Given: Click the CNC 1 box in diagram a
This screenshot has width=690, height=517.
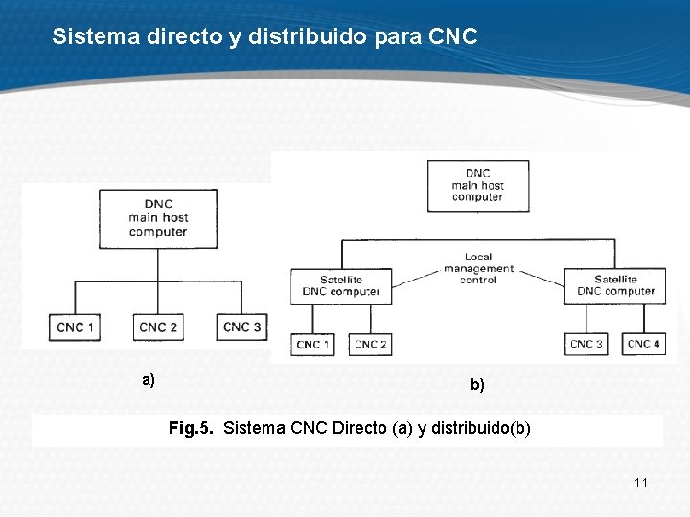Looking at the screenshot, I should (x=76, y=327).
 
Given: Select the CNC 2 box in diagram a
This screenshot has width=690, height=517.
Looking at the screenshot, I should (x=158, y=327).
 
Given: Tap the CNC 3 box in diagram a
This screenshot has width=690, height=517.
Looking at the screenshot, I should (x=241, y=327).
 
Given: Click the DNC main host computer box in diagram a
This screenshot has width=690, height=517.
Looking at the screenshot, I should (x=158, y=217).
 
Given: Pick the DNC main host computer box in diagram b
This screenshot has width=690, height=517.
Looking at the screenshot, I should (x=477, y=186).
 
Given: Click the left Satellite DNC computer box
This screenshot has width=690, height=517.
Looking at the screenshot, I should (x=341, y=285).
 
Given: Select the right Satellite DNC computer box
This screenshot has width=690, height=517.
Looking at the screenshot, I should (x=615, y=285).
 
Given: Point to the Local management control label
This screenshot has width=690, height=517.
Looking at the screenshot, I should (x=478, y=269).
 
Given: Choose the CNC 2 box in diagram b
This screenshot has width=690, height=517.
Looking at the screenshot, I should (x=370, y=344).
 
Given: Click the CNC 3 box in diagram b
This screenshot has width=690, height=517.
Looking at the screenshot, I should (x=586, y=344).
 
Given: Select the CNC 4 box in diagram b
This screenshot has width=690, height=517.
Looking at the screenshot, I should (x=644, y=344).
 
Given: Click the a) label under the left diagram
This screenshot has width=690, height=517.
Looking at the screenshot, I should (x=149, y=380).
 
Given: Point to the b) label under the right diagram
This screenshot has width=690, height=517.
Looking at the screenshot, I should (x=477, y=385).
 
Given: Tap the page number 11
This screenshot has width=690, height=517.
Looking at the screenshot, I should (x=641, y=483).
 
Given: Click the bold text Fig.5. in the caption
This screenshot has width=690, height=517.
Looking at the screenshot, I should (x=192, y=428).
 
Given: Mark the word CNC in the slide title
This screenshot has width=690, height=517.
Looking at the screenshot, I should (x=453, y=37).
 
